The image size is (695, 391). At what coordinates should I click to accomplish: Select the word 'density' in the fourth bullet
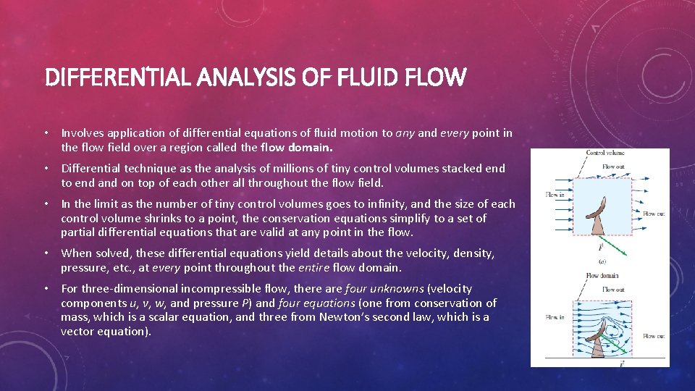point(468,253)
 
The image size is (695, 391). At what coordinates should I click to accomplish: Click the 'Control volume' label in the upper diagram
point(605,154)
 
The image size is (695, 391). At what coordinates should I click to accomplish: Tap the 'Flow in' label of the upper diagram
point(555,195)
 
